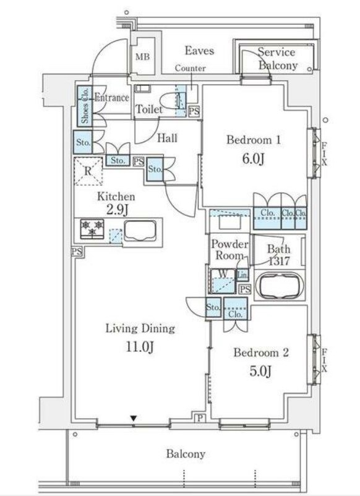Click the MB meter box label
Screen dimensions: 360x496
click(x=142, y=57)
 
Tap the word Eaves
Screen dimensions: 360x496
click(x=199, y=51)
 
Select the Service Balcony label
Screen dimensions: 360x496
click(x=278, y=59)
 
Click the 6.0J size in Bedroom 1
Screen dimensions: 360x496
click(x=253, y=159)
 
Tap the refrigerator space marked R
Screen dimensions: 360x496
click(x=88, y=171)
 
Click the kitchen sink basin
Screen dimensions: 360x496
click(x=140, y=231)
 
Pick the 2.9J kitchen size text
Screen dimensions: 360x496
click(x=117, y=209)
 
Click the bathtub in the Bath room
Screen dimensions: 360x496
click(x=279, y=286)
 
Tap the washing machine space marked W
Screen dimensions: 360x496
click(x=223, y=281)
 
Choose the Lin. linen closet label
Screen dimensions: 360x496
click(x=242, y=275)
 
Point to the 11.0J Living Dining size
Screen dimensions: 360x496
click(x=140, y=347)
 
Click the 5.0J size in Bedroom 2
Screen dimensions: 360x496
click(x=260, y=370)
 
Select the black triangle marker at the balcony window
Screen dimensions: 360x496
click(x=134, y=419)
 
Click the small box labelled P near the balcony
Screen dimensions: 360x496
click(x=200, y=419)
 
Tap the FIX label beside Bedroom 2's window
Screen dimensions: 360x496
click(x=325, y=361)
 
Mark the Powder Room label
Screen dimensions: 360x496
click(x=229, y=250)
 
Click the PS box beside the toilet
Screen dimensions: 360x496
click(x=194, y=111)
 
